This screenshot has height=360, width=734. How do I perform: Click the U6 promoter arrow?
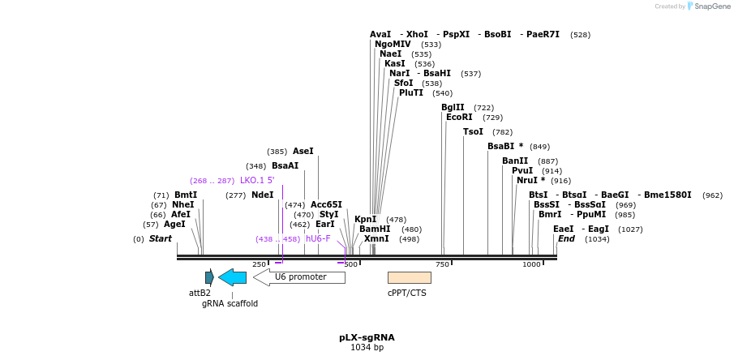(299, 277)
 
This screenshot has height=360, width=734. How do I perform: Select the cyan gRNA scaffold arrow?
(232, 277)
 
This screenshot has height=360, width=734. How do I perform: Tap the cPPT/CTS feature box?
(409, 277)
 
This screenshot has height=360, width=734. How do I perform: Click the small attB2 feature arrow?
(209, 277)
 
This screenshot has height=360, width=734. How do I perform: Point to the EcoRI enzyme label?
(459, 118)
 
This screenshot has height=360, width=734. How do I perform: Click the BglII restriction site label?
(453, 107)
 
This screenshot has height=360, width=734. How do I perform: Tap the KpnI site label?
(365, 220)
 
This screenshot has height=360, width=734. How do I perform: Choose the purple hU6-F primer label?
(318, 239)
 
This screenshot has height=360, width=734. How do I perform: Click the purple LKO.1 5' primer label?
(257, 181)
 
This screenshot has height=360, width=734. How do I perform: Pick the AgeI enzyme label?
(174, 225)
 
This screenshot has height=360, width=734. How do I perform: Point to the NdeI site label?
(263, 195)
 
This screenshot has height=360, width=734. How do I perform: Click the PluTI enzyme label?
(411, 93)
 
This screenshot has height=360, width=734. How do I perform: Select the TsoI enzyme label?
(473, 132)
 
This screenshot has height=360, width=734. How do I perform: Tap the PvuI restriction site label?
(522, 171)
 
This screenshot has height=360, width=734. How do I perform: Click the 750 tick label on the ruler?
(442, 264)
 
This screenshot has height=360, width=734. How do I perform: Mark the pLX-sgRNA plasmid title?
(367, 337)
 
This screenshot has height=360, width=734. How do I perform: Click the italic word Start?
(161, 239)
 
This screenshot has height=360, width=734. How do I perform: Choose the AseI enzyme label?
(303, 152)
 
